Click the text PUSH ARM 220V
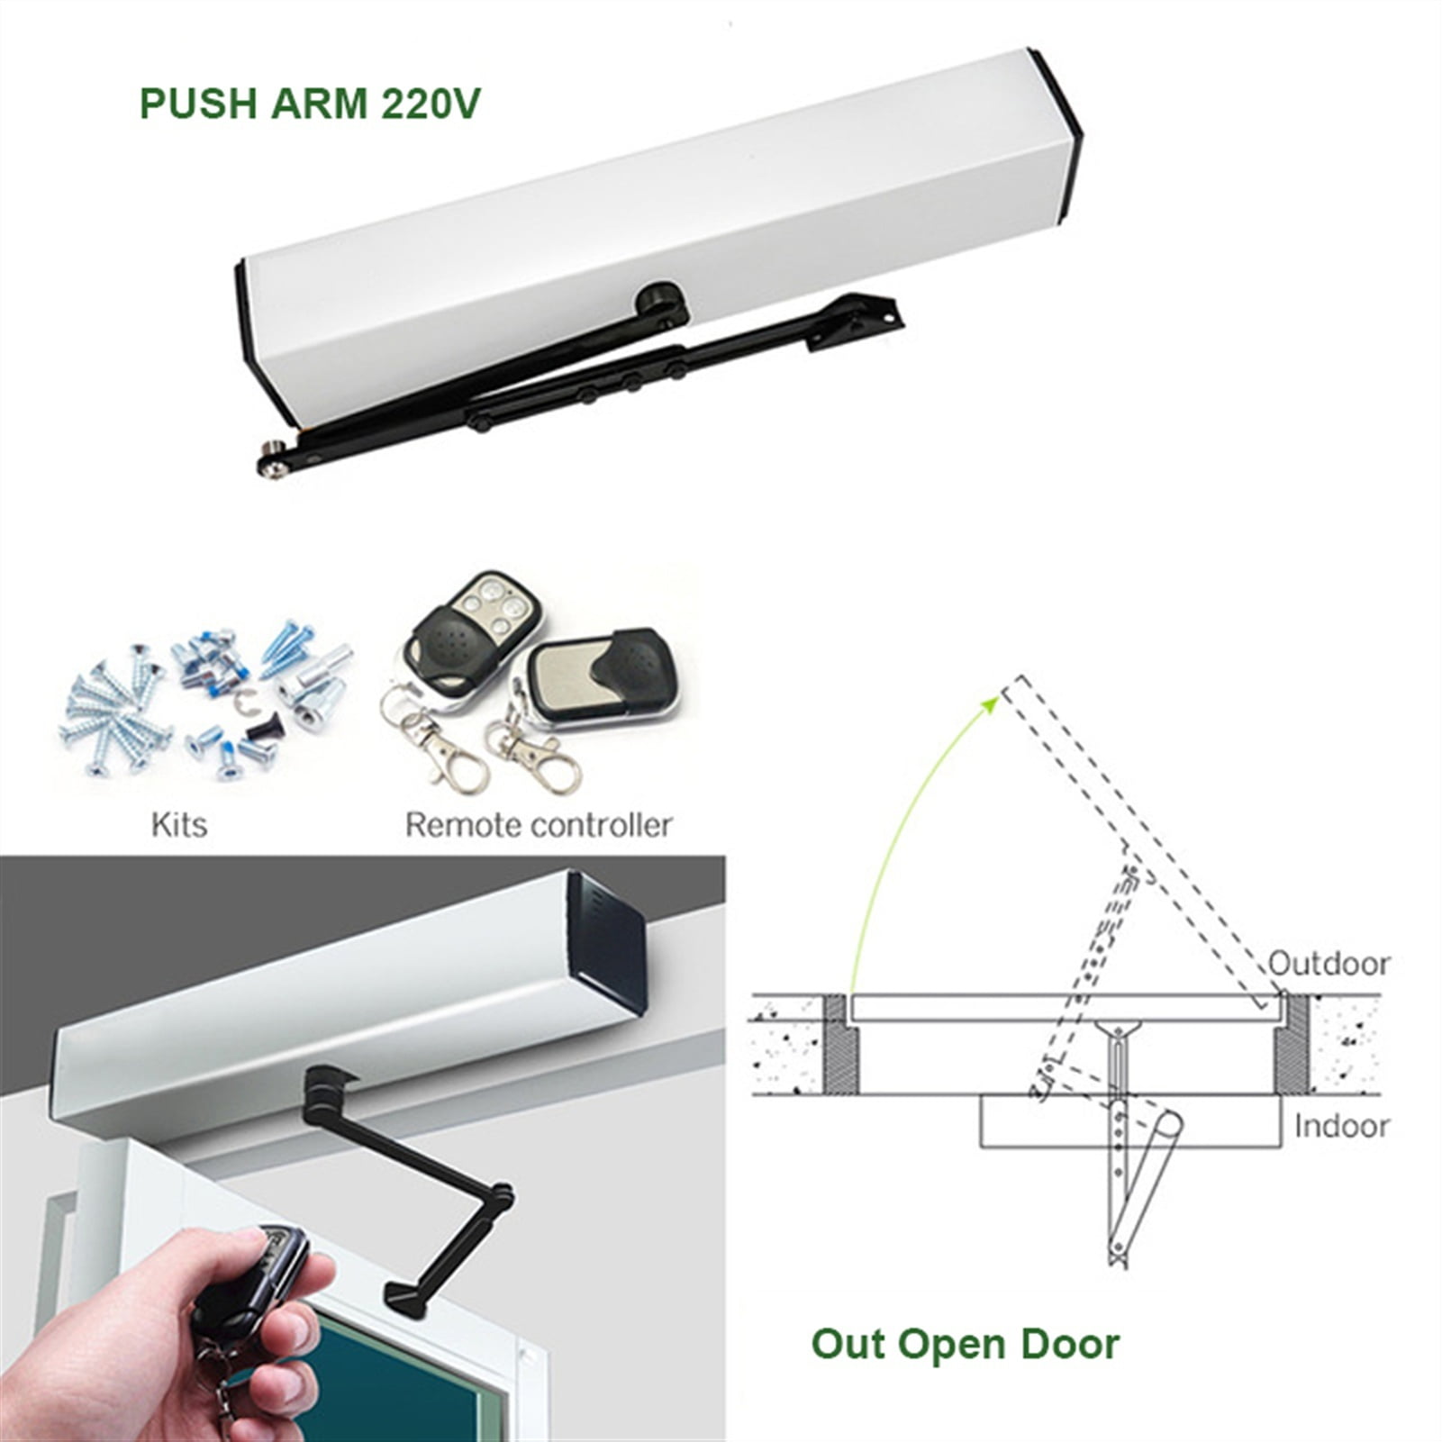pyautogui.click(x=310, y=104)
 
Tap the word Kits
pyautogui.click(x=178, y=824)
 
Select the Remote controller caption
pyautogui.click(x=538, y=824)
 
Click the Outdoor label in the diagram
pyautogui.click(x=1329, y=963)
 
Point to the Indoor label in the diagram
pyautogui.click(x=1341, y=1126)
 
